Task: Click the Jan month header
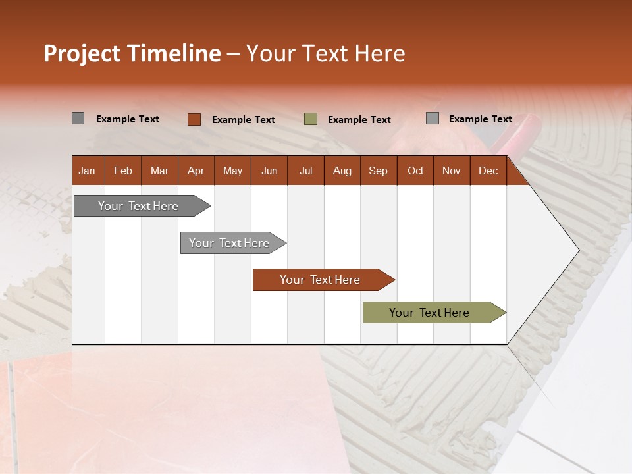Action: [87, 171]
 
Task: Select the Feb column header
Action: [123, 171]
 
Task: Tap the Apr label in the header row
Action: [196, 171]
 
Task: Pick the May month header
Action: [232, 171]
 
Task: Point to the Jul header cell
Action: [305, 171]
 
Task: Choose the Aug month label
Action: [342, 171]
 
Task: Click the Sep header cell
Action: [378, 171]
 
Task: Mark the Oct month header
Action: [415, 171]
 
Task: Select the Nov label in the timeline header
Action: [452, 171]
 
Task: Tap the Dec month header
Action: [488, 171]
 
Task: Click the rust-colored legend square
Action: [194, 119]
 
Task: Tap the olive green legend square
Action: [311, 119]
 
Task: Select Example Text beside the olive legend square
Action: [359, 120]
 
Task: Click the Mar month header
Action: [159, 171]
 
